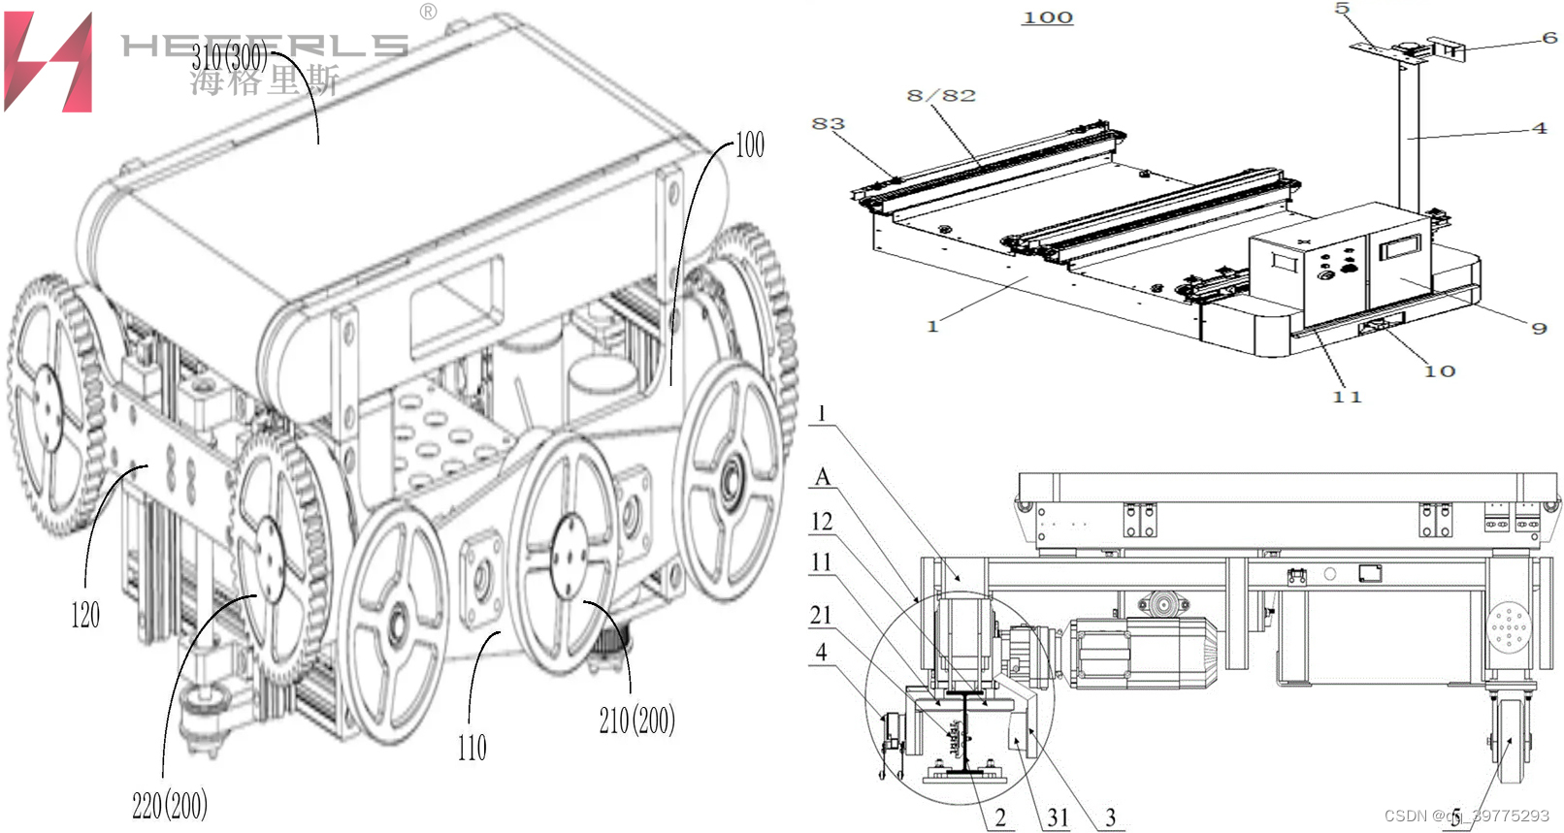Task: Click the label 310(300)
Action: (x=229, y=57)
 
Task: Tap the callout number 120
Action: (x=85, y=615)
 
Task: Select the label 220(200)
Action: (x=170, y=805)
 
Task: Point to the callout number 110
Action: (x=472, y=748)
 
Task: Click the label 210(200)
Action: (x=636, y=721)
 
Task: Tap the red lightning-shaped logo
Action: (x=49, y=62)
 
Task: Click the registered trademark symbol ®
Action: (x=428, y=12)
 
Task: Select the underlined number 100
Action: (x=1048, y=17)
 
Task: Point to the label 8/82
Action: (x=941, y=95)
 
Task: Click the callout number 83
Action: (x=828, y=124)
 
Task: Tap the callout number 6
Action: (x=1549, y=38)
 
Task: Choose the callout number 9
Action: (x=1539, y=329)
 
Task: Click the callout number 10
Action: (x=1440, y=371)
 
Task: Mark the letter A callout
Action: (x=823, y=477)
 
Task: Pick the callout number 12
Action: (x=822, y=522)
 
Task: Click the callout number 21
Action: (x=821, y=615)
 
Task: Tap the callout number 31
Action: (x=1058, y=818)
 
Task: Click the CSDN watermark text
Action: (x=1466, y=816)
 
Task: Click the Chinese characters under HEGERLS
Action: (x=264, y=80)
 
